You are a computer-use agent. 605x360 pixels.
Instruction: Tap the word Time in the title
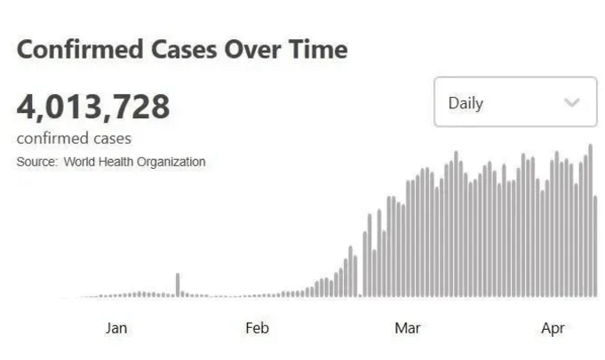(315, 50)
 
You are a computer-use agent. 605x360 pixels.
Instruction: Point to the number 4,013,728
(93, 108)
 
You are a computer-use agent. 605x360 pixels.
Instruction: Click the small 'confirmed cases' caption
(74, 139)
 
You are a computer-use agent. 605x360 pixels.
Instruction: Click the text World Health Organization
(134, 162)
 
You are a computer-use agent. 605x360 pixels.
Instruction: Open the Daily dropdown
(514, 102)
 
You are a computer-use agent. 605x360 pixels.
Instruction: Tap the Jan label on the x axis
(116, 328)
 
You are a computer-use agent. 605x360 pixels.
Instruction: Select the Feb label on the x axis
(257, 328)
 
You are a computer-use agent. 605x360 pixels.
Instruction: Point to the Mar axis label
(408, 328)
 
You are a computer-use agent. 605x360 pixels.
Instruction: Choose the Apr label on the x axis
(553, 328)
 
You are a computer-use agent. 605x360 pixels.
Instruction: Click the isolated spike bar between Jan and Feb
(178, 284)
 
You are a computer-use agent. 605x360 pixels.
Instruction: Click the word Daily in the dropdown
(466, 103)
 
